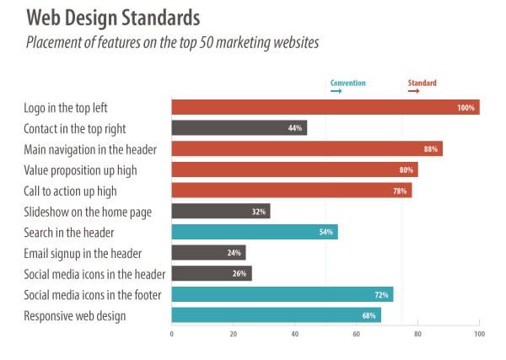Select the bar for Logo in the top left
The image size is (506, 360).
pos(325,107)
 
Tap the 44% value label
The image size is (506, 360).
pos(294,128)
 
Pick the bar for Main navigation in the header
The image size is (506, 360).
pos(306,148)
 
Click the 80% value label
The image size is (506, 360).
pos(406,169)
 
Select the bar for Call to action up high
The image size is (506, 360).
pos(291,190)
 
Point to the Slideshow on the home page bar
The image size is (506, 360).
pos(220,211)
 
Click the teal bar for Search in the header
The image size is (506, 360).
pos(254,232)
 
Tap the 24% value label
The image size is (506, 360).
pos(234,253)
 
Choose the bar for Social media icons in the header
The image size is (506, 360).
pos(211,273)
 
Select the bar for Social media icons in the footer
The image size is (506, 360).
pos(282,294)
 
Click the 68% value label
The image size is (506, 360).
pos(369,315)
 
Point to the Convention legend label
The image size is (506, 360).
pos(347,83)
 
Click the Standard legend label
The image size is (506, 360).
pos(422,83)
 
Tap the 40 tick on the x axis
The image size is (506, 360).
pos(294,335)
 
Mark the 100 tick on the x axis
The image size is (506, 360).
pos(479,335)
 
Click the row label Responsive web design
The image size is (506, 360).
pos(76,315)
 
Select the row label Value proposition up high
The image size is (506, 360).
pos(81,169)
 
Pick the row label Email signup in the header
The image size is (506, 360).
pos(83,253)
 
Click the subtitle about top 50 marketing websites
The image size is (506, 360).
pos(172,42)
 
